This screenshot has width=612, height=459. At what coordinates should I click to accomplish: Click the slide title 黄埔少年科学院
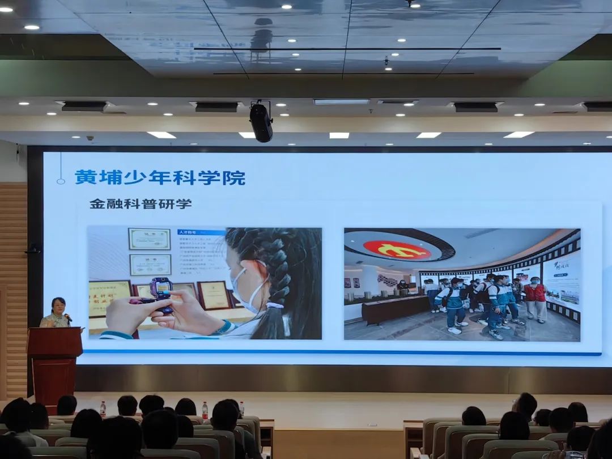click(160, 177)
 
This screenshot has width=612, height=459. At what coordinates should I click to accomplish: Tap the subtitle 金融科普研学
click(141, 204)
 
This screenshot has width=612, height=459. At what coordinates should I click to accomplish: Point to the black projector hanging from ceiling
click(261, 122)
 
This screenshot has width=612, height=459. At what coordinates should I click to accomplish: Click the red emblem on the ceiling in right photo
click(397, 249)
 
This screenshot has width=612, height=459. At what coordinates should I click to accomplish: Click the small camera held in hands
click(161, 292)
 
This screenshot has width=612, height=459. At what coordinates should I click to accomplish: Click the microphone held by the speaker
click(67, 317)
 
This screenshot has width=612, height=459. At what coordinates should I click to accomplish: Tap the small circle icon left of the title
click(61, 181)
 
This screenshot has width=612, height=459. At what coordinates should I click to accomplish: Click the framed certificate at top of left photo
click(149, 239)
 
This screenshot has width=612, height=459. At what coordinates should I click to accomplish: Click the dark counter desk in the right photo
click(396, 309)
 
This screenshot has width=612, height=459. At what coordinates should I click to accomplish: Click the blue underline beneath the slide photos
click(340, 352)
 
